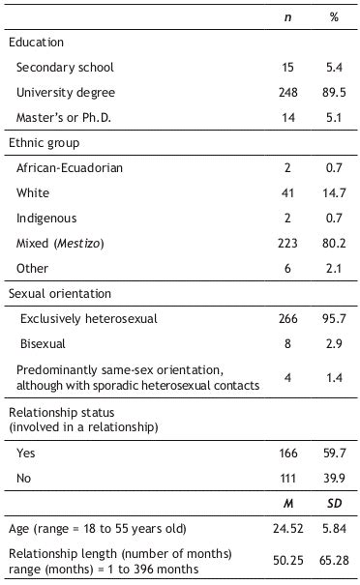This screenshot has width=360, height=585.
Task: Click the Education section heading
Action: pyautogui.click(x=36, y=43)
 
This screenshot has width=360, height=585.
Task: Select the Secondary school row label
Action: pyautogui.click(x=65, y=68)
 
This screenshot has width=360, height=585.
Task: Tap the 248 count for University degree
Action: pyautogui.click(x=287, y=93)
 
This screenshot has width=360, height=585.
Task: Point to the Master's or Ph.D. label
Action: pyautogui.click(x=65, y=118)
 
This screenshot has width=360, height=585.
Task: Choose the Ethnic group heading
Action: pyautogui.click(x=42, y=143)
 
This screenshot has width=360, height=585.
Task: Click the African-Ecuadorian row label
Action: pyautogui.click(x=70, y=168)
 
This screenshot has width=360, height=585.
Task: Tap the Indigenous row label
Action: pyautogui.click(x=46, y=219)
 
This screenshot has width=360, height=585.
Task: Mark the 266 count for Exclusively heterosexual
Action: pyautogui.click(x=287, y=318)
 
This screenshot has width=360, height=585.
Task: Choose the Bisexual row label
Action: pyautogui.click(x=44, y=343)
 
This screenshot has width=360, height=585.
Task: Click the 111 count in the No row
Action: pyautogui.click(x=287, y=478)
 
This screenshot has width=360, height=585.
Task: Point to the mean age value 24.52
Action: pyautogui.click(x=287, y=528)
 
